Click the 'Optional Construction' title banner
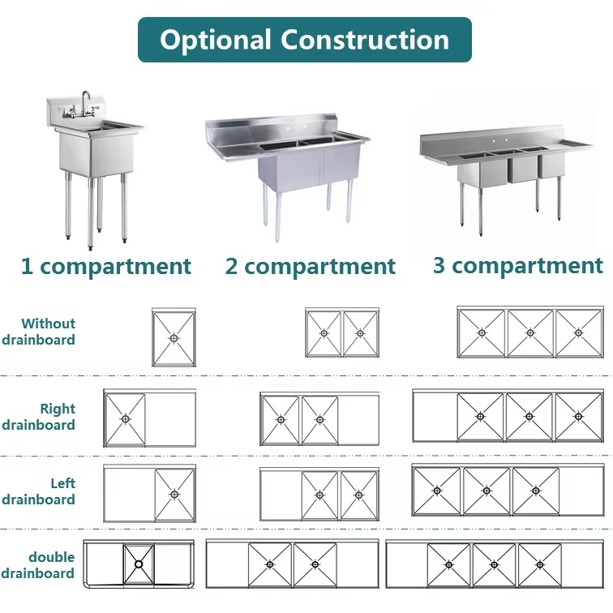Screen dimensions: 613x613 (304, 40)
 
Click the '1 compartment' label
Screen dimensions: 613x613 (106, 266)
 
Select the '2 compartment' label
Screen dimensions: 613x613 (311, 266)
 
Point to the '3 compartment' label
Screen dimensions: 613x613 (517, 265)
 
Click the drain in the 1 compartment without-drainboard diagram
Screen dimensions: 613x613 (174, 337)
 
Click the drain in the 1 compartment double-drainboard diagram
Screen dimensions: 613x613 (138, 563)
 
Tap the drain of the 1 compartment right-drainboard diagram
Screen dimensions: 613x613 (125, 418)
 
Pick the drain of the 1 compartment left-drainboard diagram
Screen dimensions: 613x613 (174, 494)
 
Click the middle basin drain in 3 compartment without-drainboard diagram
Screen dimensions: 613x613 (529, 332)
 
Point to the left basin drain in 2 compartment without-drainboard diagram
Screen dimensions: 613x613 (324, 332)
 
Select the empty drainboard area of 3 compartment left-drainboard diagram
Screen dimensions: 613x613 (581, 491)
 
